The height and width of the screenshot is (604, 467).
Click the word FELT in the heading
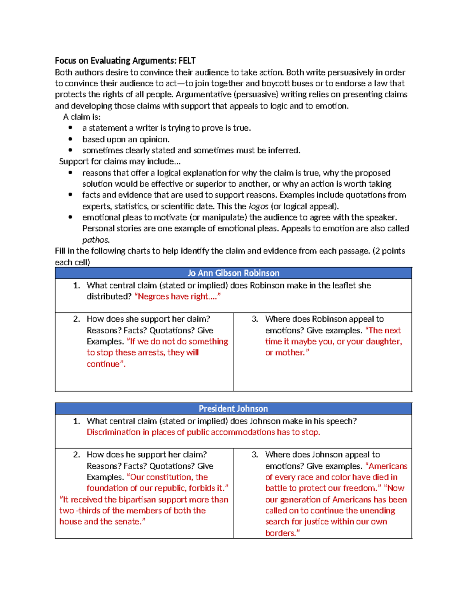[x=187, y=61]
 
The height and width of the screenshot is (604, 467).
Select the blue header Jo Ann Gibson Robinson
[x=233, y=273]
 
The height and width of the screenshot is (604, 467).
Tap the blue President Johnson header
[x=233, y=409]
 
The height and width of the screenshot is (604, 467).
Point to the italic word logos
[x=258, y=207]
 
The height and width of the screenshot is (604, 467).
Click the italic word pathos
[x=96, y=240]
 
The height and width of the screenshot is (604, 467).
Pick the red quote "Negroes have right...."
[x=177, y=297]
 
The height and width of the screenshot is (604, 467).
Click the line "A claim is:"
[x=82, y=117]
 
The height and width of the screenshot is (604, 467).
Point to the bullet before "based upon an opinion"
[x=70, y=139]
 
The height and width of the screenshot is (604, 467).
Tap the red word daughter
[x=380, y=341]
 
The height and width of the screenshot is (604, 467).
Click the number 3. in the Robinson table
[x=255, y=319]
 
